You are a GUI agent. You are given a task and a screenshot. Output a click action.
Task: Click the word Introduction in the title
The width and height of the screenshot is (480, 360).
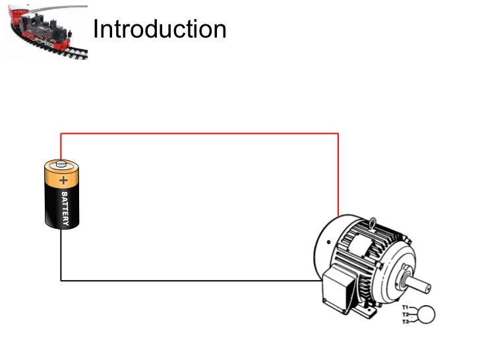pyautogui.click(x=160, y=30)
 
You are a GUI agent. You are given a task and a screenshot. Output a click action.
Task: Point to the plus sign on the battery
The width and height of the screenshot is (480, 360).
pyautogui.click(x=63, y=179)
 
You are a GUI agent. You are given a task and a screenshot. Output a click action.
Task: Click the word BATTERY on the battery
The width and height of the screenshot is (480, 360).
pyautogui.click(x=65, y=209)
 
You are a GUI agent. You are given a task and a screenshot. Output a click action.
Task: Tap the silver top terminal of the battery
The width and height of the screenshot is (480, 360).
pyautogui.click(x=61, y=162)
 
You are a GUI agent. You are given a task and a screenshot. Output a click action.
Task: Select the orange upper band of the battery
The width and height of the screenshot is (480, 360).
pyautogui.click(x=61, y=177)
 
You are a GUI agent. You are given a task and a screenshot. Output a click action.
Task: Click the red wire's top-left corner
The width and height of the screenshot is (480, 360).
pyautogui.click(x=61, y=134)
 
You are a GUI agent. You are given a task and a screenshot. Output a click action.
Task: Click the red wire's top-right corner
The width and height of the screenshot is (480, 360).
pyautogui.click(x=338, y=134)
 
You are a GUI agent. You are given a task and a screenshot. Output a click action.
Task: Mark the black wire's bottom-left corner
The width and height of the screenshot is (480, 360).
pyautogui.click(x=61, y=280)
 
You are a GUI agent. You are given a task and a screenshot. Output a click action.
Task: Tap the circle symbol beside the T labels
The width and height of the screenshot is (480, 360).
pyautogui.click(x=427, y=315)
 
